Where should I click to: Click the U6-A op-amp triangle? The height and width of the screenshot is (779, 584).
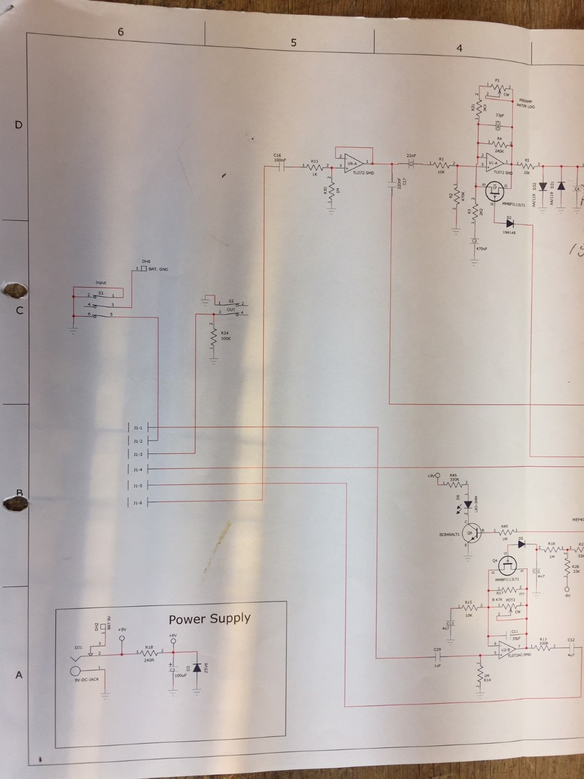point(353,163)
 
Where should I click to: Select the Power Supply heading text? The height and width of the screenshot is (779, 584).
point(209,618)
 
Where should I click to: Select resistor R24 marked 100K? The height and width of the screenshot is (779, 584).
point(214,339)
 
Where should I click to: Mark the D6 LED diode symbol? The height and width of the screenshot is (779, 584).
point(468,505)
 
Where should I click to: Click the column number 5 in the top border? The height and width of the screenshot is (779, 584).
point(294,43)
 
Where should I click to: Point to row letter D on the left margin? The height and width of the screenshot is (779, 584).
point(18,125)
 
